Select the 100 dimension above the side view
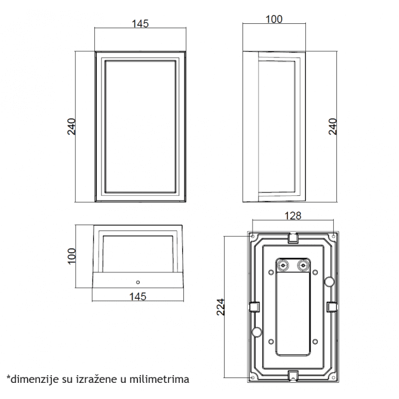(273, 19)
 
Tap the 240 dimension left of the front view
(72, 126)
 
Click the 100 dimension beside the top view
(72, 256)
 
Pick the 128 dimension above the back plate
(293, 216)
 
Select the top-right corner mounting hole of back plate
(333, 237)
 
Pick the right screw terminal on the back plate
(303, 264)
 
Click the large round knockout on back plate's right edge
(328, 282)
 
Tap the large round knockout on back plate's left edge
(256, 331)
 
